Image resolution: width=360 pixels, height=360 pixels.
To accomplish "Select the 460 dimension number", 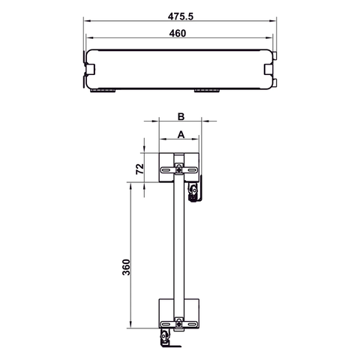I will pos(178,32).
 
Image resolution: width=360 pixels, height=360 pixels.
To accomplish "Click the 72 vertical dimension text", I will pos(137,167).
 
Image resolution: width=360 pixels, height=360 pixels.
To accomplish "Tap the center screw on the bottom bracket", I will pos(179,323).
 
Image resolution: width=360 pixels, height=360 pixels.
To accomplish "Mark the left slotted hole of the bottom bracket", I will pos(166,323).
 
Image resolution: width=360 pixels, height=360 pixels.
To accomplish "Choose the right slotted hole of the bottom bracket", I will pos(193,323).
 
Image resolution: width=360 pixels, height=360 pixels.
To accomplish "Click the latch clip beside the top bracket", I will pos(194,191).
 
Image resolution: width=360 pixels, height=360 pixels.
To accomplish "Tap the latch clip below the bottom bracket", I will pos(166,341).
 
